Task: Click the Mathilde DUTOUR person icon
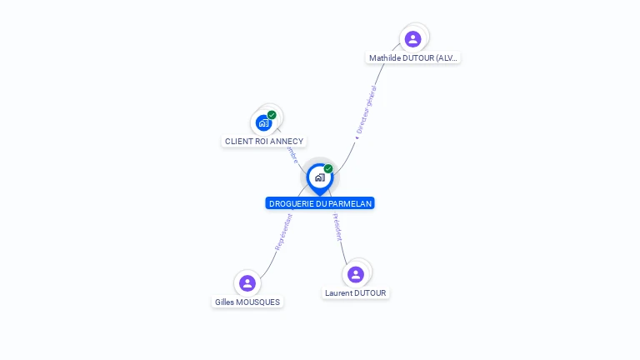(x=412, y=38)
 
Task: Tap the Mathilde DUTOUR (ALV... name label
(x=413, y=58)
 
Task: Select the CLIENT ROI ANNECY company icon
(x=264, y=122)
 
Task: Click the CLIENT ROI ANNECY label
(x=264, y=142)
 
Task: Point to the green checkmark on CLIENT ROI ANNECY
(x=272, y=115)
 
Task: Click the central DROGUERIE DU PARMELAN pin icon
(x=319, y=177)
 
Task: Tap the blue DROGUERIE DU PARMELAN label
(x=320, y=203)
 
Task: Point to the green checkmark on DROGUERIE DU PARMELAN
(x=328, y=169)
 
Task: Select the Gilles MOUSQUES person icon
(x=247, y=283)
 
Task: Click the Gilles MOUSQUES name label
(x=247, y=302)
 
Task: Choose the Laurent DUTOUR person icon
(x=356, y=274)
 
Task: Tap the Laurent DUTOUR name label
(x=356, y=293)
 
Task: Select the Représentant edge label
(x=283, y=232)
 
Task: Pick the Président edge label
(x=337, y=227)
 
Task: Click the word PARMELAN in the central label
(x=350, y=203)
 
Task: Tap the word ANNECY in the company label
(x=287, y=142)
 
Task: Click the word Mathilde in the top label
(x=386, y=58)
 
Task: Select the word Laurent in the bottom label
(x=339, y=293)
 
